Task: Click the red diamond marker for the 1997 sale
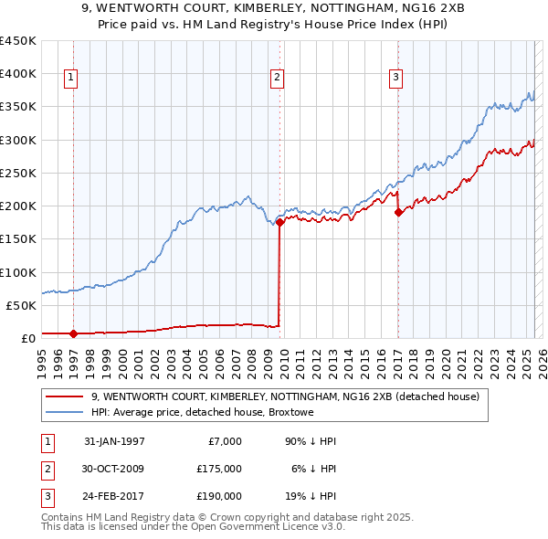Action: pyautogui.click(x=73, y=333)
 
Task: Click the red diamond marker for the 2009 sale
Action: pyautogui.click(x=279, y=222)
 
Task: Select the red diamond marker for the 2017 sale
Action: pyautogui.click(x=398, y=212)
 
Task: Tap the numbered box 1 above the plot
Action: pyautogui.click(x=70, y=79)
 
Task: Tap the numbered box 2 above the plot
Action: pyautogui.click(x=276, y=79)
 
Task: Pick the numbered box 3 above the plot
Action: pyautogui.click(x=395, y=79)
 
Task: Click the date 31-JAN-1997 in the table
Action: pyautogui.click(x=114, y=441)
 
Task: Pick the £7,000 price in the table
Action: pyautogui.click(x=224, y=441)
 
